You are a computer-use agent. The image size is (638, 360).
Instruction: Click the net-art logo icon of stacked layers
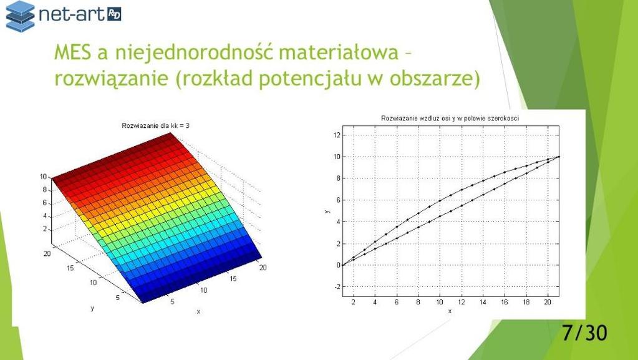(20, 16)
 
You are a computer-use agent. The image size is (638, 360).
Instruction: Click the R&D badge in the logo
(114, 14)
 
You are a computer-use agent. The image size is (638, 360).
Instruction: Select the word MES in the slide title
(73, 52)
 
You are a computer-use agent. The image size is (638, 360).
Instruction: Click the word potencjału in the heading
(310, 79)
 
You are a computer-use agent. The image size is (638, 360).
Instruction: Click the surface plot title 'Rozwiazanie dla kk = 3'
(155, 126)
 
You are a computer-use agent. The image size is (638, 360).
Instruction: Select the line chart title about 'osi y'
(450, 118)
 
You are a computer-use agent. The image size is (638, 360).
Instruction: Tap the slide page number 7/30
(585, 333)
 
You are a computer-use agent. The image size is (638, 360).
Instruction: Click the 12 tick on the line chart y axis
(337, 135)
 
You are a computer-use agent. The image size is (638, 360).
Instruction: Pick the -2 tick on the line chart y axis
(337, 287)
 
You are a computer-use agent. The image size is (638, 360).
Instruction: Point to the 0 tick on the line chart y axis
(338, 265)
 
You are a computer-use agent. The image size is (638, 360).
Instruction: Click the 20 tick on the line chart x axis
(548, 302)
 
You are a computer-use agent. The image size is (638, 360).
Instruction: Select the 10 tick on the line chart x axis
(440, 302)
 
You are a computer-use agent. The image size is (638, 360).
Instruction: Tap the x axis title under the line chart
(450, 311)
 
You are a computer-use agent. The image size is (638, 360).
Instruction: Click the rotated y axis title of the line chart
(327, 211)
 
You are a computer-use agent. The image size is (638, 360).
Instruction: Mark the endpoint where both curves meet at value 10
(559, 157)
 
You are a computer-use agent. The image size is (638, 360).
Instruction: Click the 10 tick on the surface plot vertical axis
(43, 177)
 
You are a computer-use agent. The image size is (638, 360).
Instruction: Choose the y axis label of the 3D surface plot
(92, 308)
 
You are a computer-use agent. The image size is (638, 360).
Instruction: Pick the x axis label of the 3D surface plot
(198, 311)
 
